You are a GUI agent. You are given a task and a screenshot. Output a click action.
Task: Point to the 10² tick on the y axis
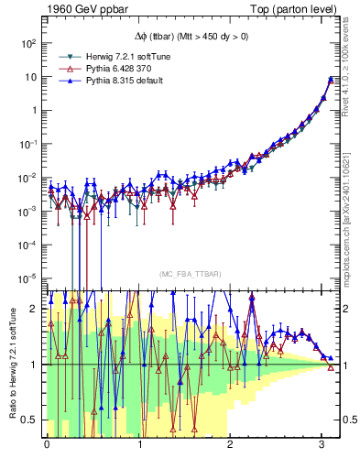tap(28, 43)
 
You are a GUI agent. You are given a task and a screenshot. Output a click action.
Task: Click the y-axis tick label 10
tap(31, 77)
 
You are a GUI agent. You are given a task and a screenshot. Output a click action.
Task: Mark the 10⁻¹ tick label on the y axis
tap(28, 144)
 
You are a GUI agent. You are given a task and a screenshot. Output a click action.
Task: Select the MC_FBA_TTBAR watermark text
tap(189, 275)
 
